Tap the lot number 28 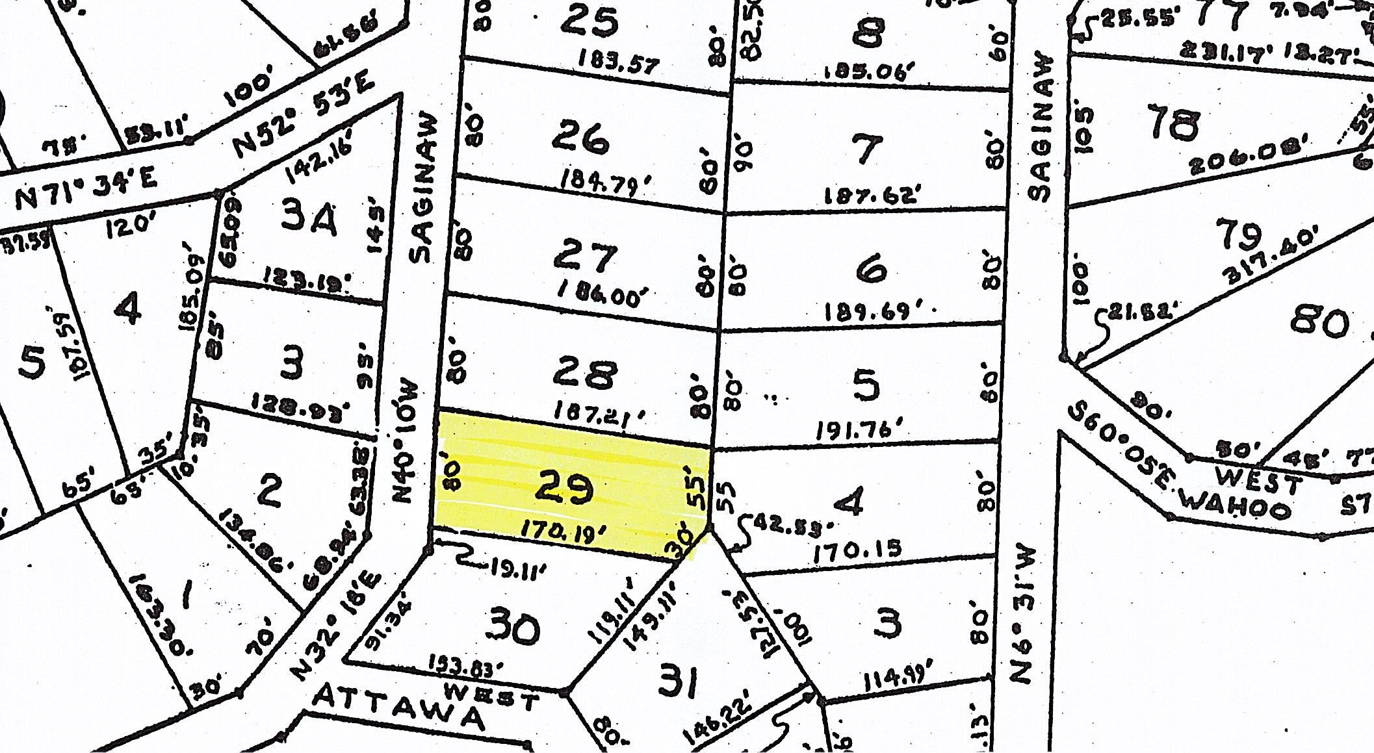point(582,375)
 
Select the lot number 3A point(310,221)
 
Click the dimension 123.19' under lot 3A point(306,283)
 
